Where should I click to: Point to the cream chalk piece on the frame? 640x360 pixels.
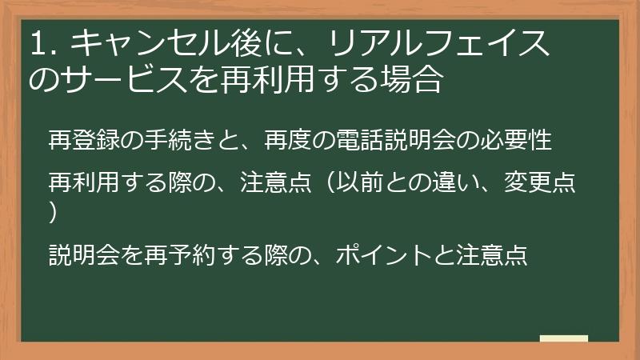coord(563,339)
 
